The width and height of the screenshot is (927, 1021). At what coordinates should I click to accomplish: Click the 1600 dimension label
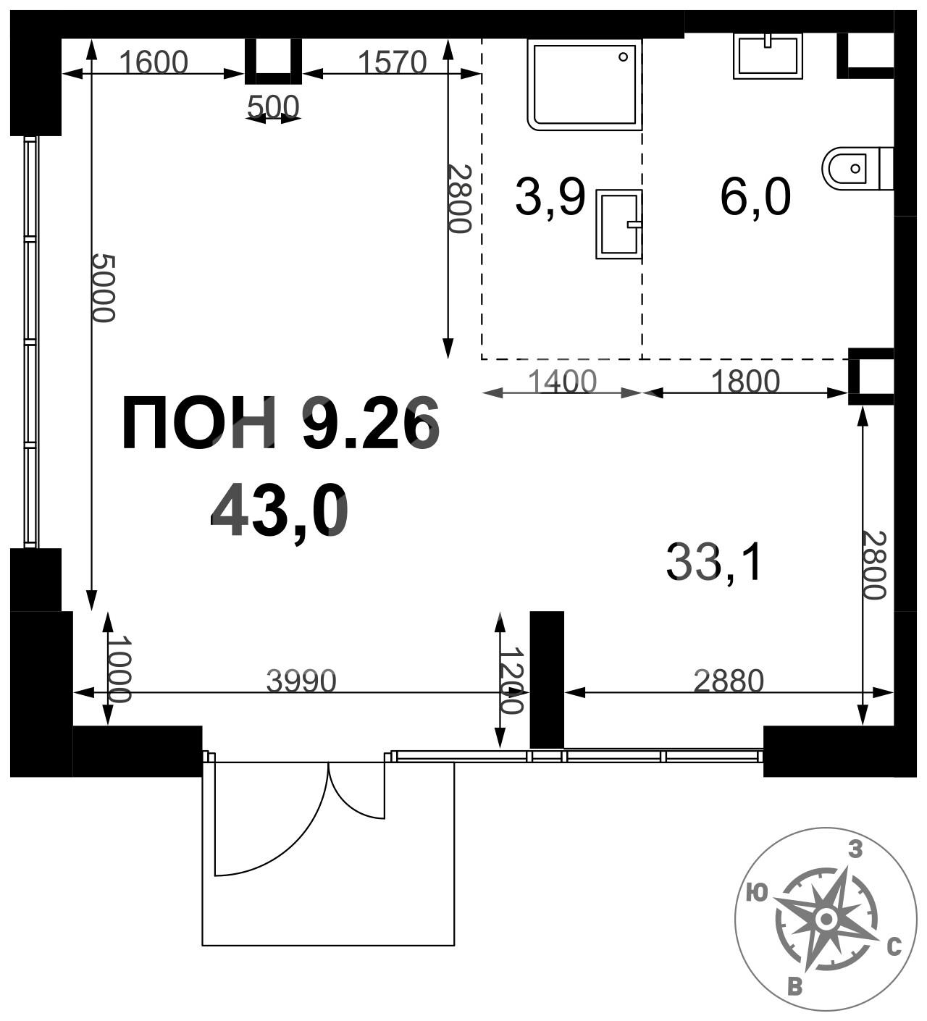154,62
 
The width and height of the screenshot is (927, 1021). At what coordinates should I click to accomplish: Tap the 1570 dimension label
392,62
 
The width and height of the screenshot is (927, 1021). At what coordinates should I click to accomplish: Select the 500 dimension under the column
273,107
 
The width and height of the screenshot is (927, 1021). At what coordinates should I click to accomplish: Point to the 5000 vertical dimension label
104,287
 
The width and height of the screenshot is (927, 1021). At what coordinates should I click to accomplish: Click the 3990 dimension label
301,681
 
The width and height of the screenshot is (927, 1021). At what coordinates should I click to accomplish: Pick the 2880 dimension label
729,681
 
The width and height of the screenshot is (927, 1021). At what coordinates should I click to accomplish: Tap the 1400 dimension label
562,381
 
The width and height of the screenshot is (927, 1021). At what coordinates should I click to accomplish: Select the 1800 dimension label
745,381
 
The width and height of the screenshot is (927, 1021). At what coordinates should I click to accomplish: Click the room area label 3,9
550,198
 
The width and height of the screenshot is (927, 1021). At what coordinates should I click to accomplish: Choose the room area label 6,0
755,198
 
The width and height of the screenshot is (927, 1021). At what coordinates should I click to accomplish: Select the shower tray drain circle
623,57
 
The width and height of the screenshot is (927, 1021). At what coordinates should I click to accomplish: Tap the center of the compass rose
826,919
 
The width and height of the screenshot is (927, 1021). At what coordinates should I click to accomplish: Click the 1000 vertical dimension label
119,669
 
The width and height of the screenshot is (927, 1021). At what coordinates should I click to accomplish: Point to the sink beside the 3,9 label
618,224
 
